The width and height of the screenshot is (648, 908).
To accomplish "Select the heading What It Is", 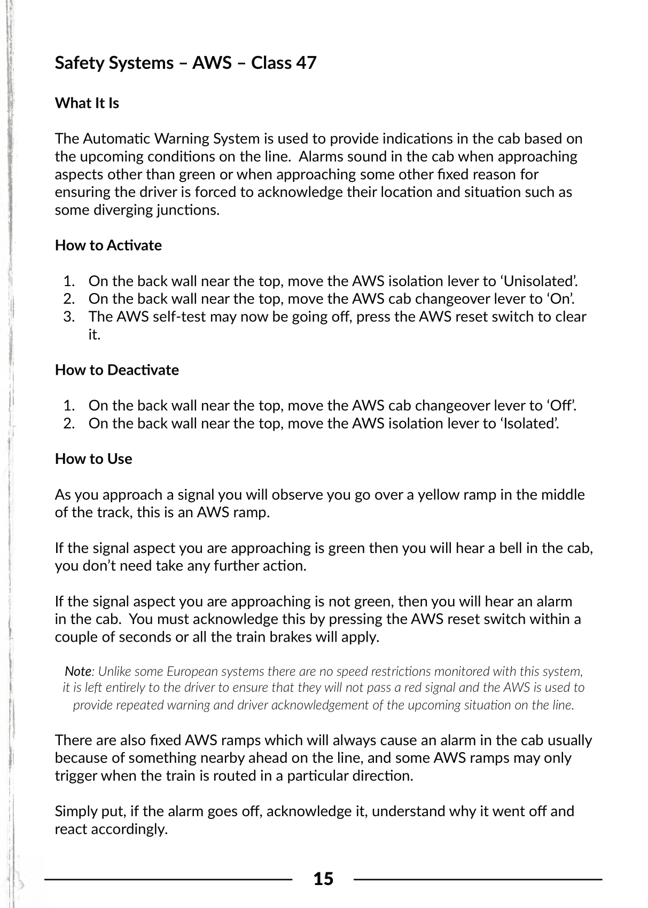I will [x=87, y=103].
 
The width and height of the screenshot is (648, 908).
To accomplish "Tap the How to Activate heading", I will [x=108, y=246].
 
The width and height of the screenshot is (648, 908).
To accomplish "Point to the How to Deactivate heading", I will [x=117, y=370].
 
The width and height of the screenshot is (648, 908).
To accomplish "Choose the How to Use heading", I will [x=93, y=459].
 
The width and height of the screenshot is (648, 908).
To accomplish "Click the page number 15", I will [x=323, y=879].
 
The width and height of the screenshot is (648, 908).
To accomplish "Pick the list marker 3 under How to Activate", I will [x=69, y=317].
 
